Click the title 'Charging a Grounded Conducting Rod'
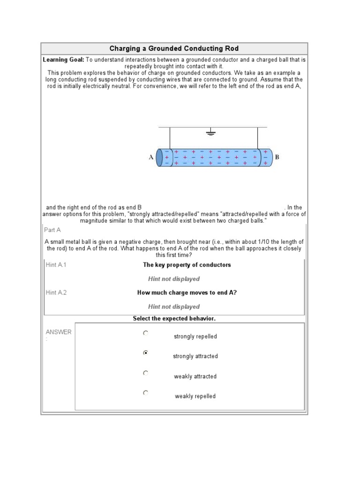click(x=174, y=49)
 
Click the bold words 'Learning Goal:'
click(x=63, y=60)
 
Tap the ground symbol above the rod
click(x=210, y=133)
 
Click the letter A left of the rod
click(x=151, y=158)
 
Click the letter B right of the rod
click(x=277, y=157)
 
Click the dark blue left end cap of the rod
click(x=159, y=157)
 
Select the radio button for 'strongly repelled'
click(x=146, y=333)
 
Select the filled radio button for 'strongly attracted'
click(x=146, y=353)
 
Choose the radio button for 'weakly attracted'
click(x=146, y=373)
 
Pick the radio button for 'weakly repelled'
click(x=146, y=393)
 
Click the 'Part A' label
click(x=52, y=230)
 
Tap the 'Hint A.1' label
click(x=56, y=265)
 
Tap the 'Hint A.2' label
click(x=56, y=292)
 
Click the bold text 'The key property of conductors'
click(x=187, y=265)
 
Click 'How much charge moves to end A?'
click(x=187, y=292)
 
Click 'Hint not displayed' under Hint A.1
click(x=174, y=279)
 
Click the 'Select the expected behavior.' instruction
click(x=174, y=319)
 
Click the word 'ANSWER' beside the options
click(x=59, y=332)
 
